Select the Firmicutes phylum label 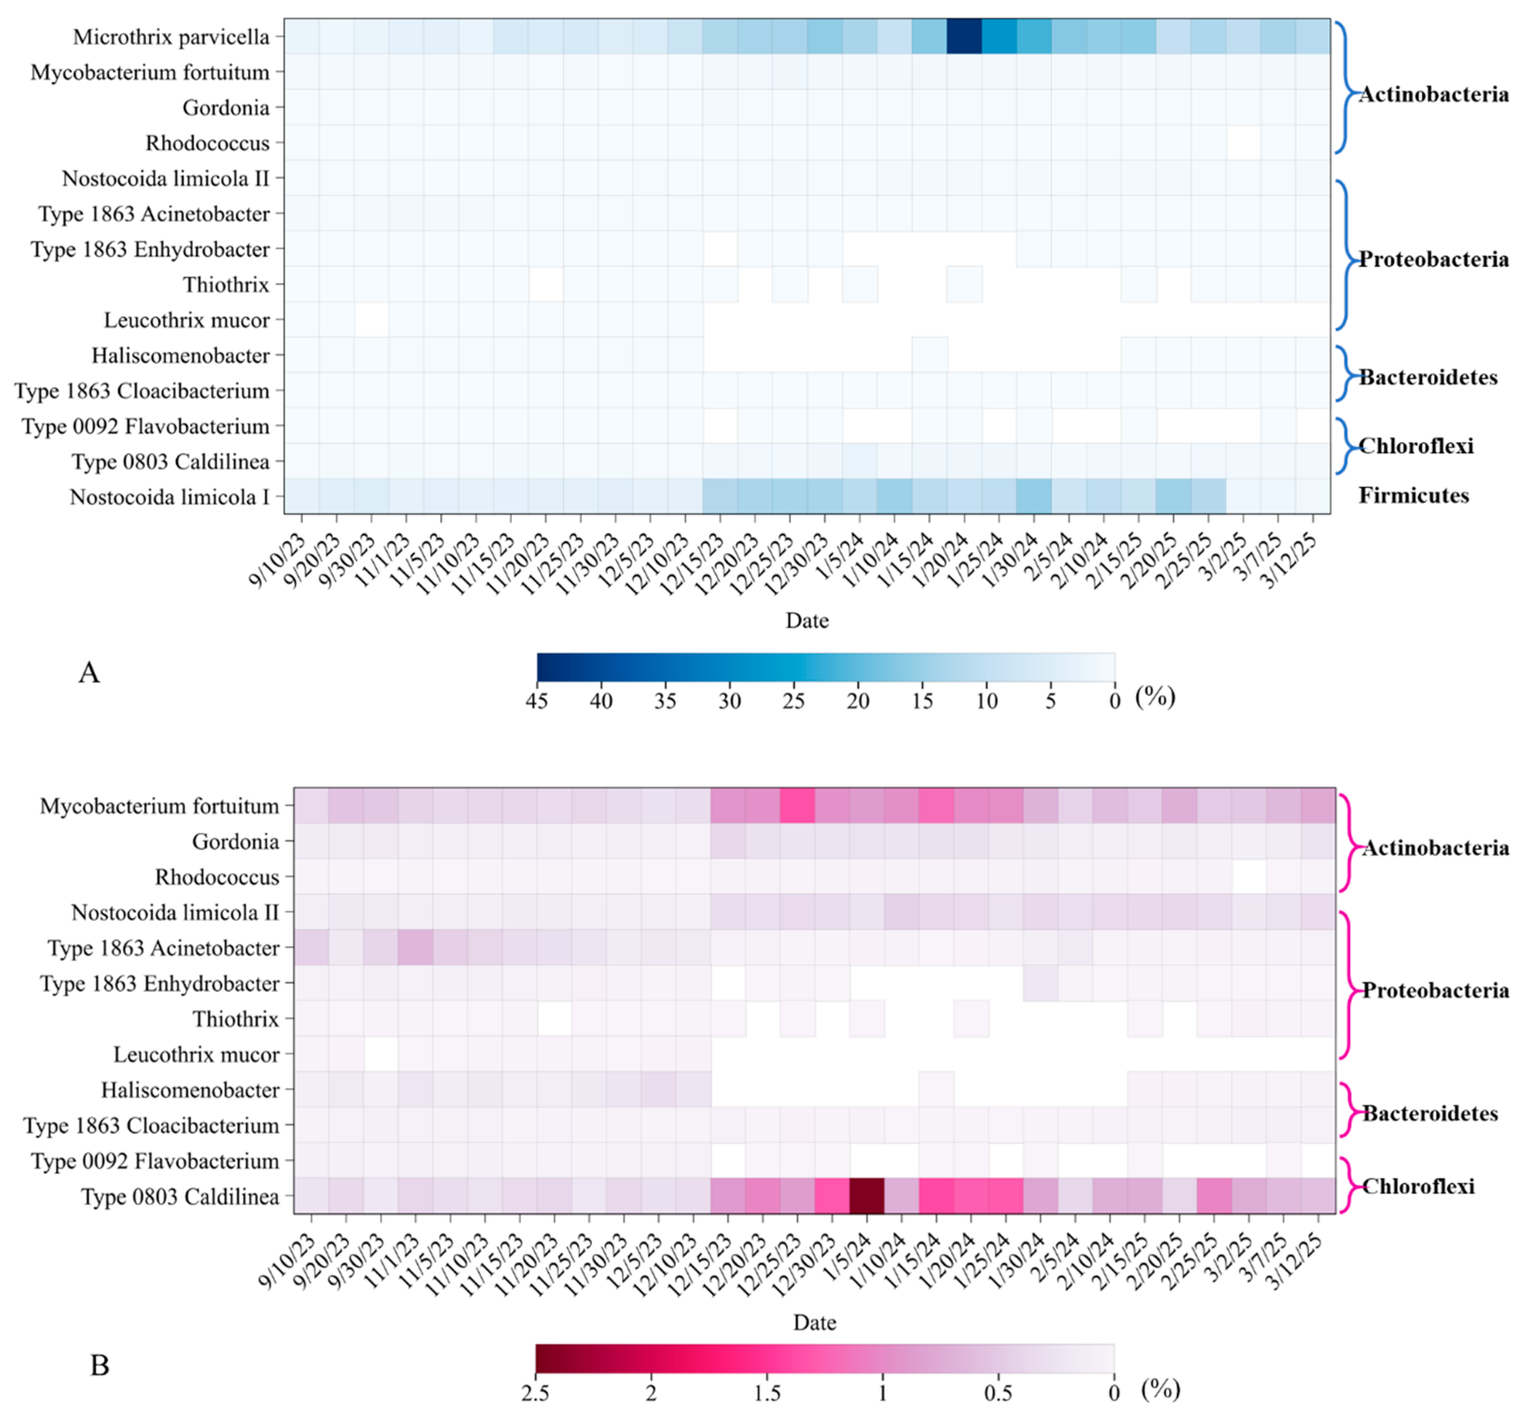click(x=1413, y=496)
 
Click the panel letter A click(x=89, y=673)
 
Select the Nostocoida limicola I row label click(x=169, y=497)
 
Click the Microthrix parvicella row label click(x=172, y=37)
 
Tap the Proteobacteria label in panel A click(x=1433, y=259)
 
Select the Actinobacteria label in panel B click(x=1435, y=848)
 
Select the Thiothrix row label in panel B click(x=236, y=1019)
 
